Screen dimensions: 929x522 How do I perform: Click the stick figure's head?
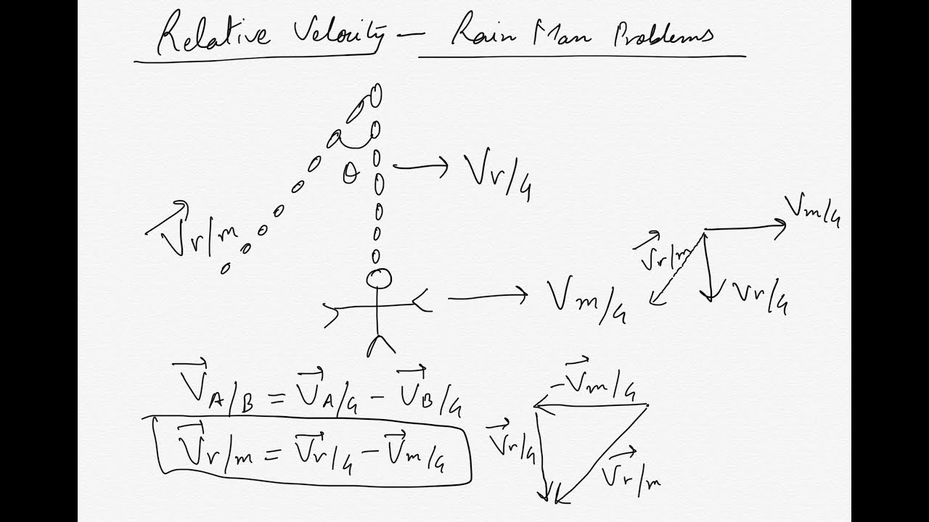click(x=379, y=278)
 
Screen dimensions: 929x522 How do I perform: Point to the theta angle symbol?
click(x=351, y=174)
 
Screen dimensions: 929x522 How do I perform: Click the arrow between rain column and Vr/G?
click(x=421, y=167)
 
